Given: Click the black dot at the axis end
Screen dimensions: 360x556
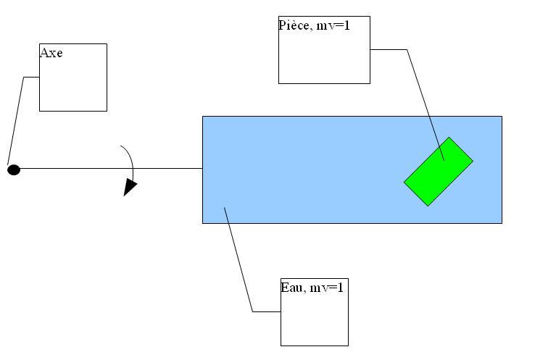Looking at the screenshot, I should coord(13,170).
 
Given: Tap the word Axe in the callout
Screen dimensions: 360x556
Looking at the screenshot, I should coord(51,53).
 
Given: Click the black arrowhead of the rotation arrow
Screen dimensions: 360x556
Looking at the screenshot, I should coord(130,187).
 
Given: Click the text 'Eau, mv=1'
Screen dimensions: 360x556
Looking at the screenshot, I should coord(311,288).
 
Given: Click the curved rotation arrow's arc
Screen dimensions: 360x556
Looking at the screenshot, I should coord(130,156).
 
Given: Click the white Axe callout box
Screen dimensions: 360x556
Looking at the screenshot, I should coord(72,83).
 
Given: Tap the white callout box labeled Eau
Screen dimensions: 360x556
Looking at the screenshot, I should coord(315,319).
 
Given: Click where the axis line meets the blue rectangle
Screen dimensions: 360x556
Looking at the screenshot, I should coord(202,168).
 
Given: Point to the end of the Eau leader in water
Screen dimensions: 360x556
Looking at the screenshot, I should coord(225,208).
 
